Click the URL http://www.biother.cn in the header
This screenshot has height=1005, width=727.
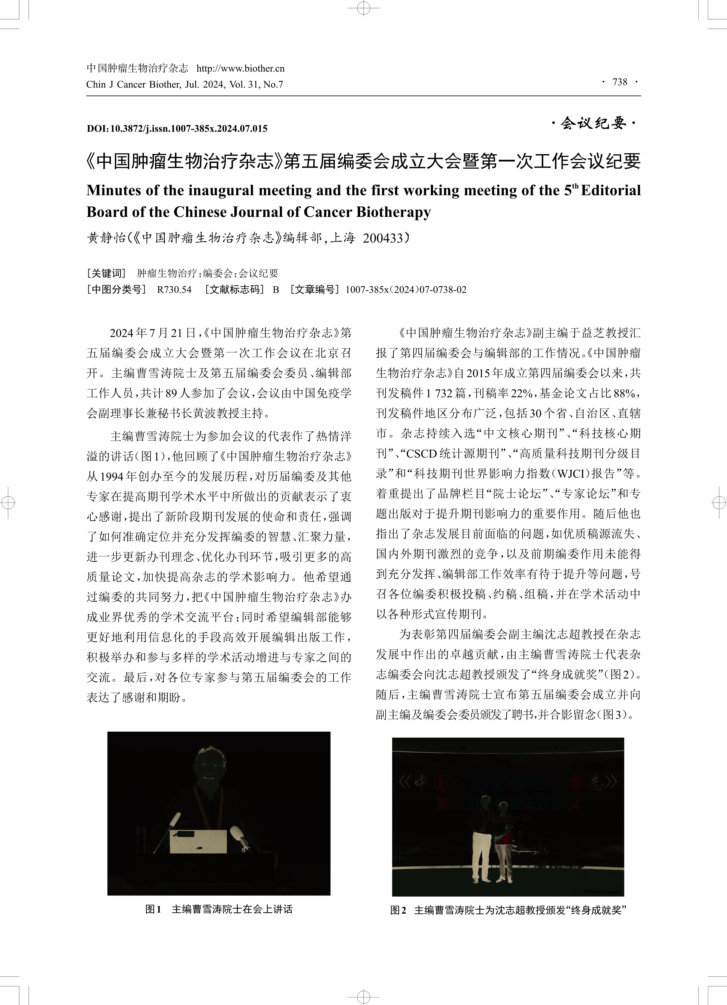[x=240, y=68]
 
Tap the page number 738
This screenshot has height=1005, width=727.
[x=620, y=82]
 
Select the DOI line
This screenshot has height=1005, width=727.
[x=177, y=128]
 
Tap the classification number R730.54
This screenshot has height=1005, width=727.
[x=174, y=290]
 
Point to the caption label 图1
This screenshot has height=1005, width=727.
[x=153, y=909]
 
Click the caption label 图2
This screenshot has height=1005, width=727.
[x=398, y=910]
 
